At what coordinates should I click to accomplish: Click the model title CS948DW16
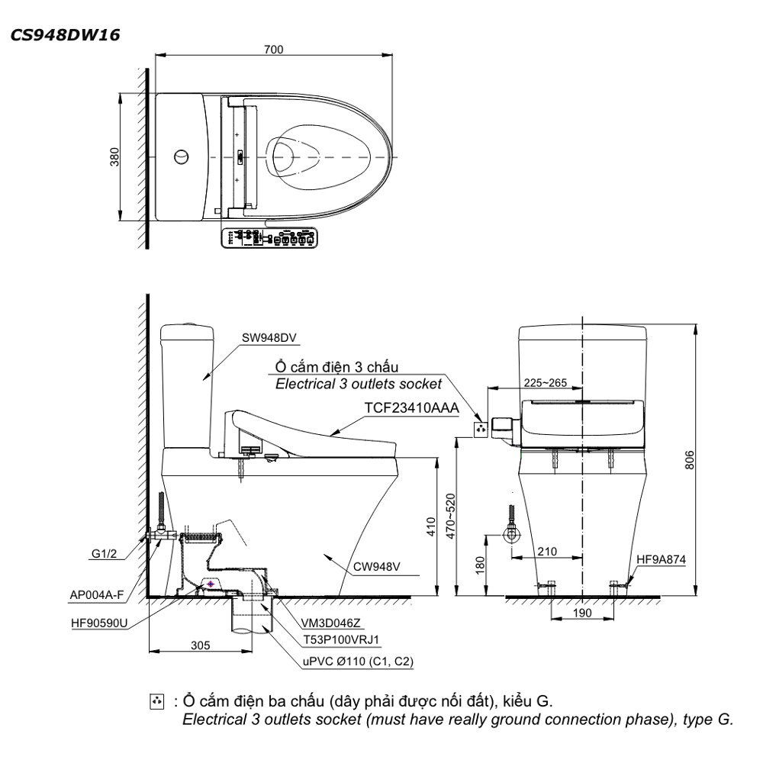point(65,35)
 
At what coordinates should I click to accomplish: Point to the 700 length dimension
point(273,50)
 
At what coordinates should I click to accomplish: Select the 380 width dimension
point(114,156)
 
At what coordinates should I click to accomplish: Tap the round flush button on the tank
point(182,156)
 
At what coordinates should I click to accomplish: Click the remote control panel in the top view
point(269,238)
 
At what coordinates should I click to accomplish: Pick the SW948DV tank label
point(269,338)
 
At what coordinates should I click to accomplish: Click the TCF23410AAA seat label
point(412,407)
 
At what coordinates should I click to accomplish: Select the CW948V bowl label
point(377,566)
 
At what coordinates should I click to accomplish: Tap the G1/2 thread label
point(104,554)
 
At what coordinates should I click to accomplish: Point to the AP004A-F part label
point(97,594)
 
